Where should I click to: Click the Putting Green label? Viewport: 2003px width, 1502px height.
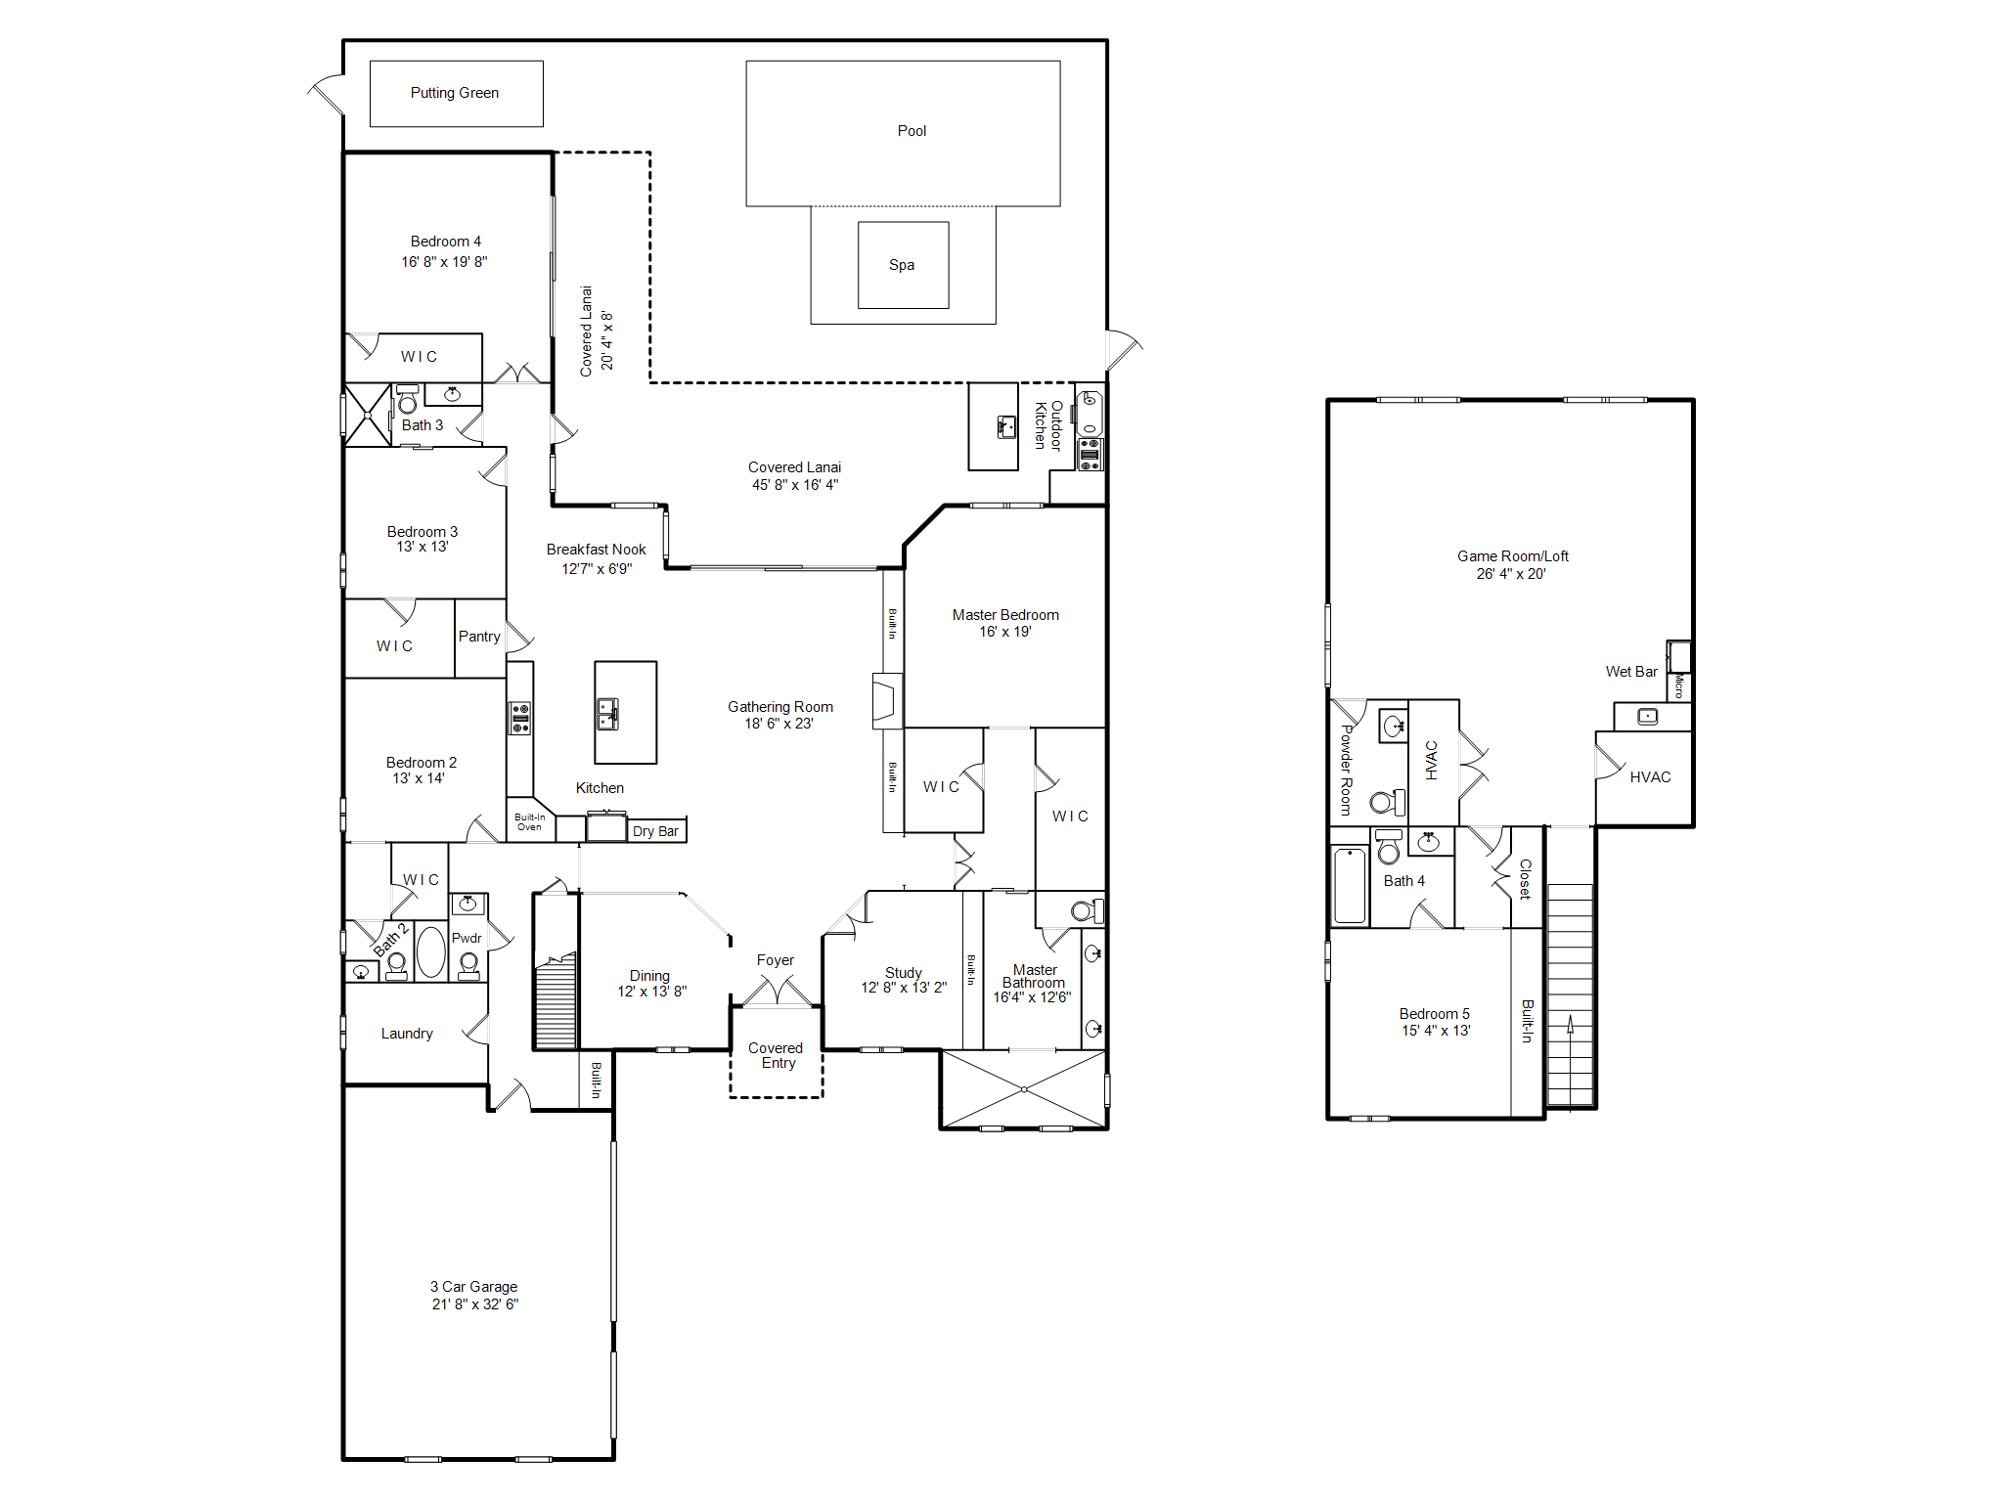(454, 93)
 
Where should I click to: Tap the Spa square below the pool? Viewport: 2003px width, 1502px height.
(903, 265)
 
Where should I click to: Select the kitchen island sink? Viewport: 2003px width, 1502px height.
(607, 714)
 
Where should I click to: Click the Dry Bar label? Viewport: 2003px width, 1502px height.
(655, 831)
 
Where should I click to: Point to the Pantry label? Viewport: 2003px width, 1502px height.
(479, 637)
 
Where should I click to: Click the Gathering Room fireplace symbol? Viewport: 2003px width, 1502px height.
(885, 700)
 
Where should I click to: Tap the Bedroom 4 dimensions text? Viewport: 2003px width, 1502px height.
(444, 262)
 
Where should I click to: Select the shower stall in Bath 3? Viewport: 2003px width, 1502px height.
(368, 416)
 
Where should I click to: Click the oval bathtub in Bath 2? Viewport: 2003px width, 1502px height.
(431, 951)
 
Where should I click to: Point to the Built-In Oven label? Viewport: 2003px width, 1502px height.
(530, 822)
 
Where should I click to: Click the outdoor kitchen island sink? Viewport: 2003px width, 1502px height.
(1005, 426)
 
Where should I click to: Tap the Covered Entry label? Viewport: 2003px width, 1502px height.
(777, 1056)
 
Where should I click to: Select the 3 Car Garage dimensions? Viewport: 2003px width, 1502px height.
(475, 1304)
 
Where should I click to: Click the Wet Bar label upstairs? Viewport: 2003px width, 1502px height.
(1631, 672)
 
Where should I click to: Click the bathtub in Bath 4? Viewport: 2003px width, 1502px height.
(1350, 885)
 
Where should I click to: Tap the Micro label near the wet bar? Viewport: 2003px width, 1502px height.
(1679, 685)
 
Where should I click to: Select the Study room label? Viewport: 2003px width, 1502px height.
(904, 973)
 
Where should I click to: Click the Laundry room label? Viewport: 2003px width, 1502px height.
(407, 1034)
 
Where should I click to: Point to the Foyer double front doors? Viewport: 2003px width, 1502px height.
(777, 992)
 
